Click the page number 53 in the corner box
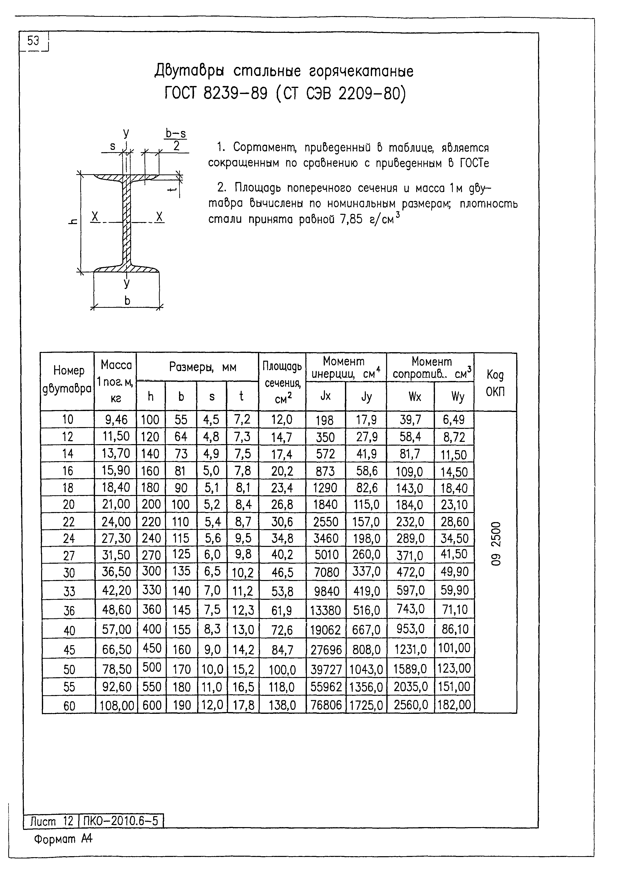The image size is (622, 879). pyautogui.click(x=33, y=41)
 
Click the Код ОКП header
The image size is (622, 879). pyautogui.click(x=495, y=382)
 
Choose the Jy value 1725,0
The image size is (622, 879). pyautogui.click(x=366, y=705)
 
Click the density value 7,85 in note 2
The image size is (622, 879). pyautogui.click(x=350, y=219)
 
